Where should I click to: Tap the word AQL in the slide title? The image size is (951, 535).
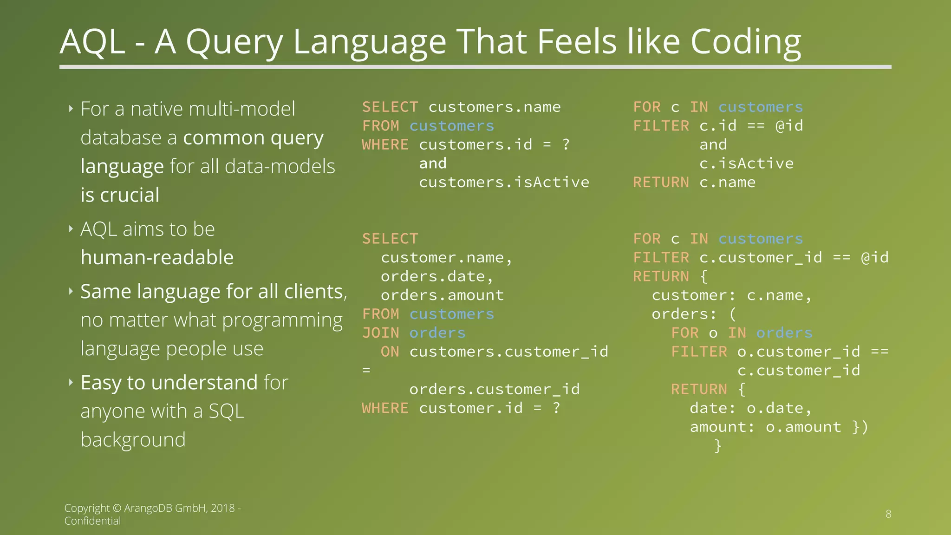click(92, 42)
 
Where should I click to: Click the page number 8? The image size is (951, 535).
click(888, 514)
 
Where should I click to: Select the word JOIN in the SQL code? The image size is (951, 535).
click(381, 333)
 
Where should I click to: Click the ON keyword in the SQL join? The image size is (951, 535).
click(390, 352)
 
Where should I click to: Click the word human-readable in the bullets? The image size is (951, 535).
click(157, 257)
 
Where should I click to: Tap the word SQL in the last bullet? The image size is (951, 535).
click(226, 411)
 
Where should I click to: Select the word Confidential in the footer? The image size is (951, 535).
click(92, 521)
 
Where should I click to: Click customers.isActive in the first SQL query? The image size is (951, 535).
click(504, 183)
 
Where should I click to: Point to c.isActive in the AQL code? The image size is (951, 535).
click(746, 163)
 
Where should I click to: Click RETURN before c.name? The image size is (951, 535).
click(661, 183)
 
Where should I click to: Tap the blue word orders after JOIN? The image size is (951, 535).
click(437, 333)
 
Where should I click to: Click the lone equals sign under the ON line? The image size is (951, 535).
click(366, 371)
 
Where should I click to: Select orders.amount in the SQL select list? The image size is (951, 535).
click(442, 295)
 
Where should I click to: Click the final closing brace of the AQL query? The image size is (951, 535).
click(718, 446)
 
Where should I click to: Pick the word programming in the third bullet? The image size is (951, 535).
click(281, 320)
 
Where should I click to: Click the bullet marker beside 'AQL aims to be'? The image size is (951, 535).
click(71, 229)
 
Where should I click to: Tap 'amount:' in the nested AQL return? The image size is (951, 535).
click(722, 427)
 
